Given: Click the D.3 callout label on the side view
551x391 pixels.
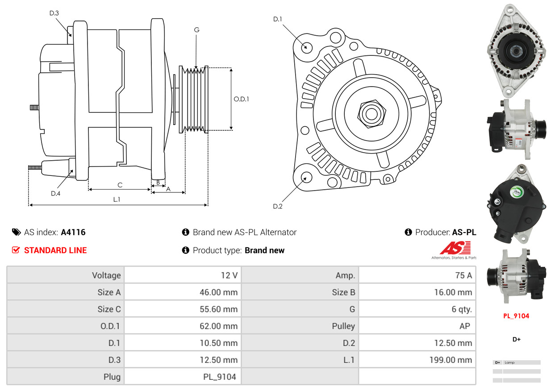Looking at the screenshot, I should click(x=54, y=13).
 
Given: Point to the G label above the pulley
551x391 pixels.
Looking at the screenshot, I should click(x=196, y=30).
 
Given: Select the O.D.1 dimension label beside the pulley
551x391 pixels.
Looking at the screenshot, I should click(x=241, y=99).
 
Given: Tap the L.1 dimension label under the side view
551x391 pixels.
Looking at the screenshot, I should click(x=117, y=200).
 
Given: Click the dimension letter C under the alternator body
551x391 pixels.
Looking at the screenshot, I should click(x=120, y=185).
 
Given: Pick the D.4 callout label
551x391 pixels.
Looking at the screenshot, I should click(x=55, y=193).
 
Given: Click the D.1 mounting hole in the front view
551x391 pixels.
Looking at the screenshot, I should click(x=306, y=47).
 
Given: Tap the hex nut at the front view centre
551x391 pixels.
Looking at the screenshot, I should click(x=370, y=113).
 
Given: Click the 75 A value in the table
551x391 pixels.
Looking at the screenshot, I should click(x=463, y=275).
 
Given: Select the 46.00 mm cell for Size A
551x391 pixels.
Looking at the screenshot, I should click(x=218, y=292).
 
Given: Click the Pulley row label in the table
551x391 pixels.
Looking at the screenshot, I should click(x=343, y=326).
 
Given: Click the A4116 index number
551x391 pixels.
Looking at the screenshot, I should click(x=73, y=232).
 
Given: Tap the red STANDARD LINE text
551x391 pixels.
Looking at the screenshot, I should click(x=55, y=250).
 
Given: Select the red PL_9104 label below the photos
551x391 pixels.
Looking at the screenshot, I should click(x=516, y=316).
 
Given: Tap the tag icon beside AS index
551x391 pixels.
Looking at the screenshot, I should click(x=17, y=232).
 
